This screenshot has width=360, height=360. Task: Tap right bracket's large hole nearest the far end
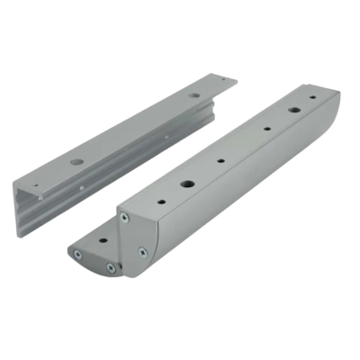[x=293, y=111]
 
